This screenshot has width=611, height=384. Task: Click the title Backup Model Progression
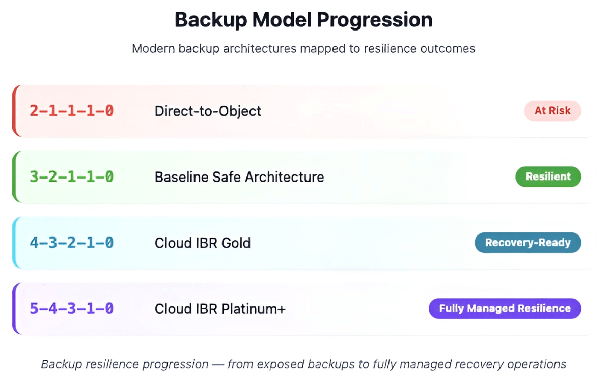[303, 20]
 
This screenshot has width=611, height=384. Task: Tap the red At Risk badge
[552, 110]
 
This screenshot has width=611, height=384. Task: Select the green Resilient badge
[548, 176]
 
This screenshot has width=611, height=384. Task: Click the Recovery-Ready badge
[527, 243]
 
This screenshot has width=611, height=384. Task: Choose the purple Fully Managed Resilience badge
[505, 308]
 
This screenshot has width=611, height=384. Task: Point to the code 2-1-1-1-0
[71, 111]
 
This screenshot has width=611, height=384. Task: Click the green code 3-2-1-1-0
[71, 177]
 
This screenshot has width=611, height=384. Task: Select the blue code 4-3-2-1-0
[71, 243]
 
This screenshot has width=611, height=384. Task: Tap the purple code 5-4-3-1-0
[71, 309]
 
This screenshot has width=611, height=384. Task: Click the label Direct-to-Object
[208, 111]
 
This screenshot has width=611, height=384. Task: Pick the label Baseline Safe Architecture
[239, 177]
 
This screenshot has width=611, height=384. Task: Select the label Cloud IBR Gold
[203, 243]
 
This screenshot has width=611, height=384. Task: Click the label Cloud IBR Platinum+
[220, 309]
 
